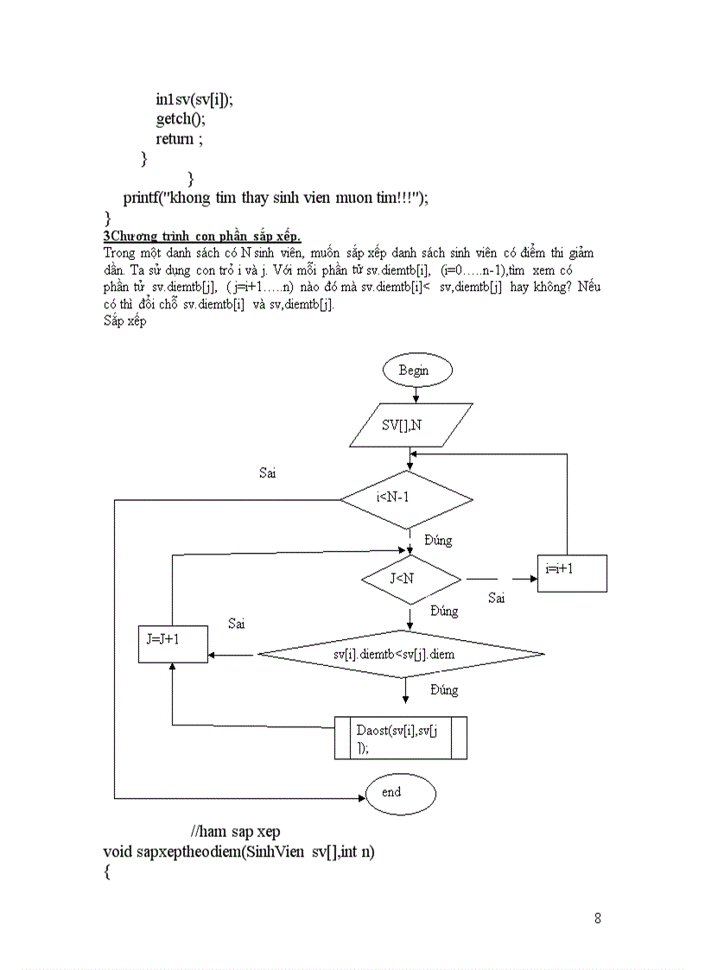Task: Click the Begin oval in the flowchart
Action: tap(417, 371)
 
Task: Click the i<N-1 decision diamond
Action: tap(406, 499)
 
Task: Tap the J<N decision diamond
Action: tap(410, 579)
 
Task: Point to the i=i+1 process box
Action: tap(571, 573)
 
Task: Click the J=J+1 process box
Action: tap(173, 643)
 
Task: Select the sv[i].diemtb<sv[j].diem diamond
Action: tap(402, 654)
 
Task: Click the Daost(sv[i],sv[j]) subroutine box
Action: tap(401, 738)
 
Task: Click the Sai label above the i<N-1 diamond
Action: tap(268, 472)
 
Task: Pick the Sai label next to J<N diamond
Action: tap(496, 598)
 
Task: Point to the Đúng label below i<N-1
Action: tap(438, 540)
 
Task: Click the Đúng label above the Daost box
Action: tap(444, 690)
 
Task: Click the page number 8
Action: tap(597, 918)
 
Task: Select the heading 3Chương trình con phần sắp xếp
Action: tap(202, 237)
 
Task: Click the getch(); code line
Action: tap(181, 119)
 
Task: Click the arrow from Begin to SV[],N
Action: tap(417, 394)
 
